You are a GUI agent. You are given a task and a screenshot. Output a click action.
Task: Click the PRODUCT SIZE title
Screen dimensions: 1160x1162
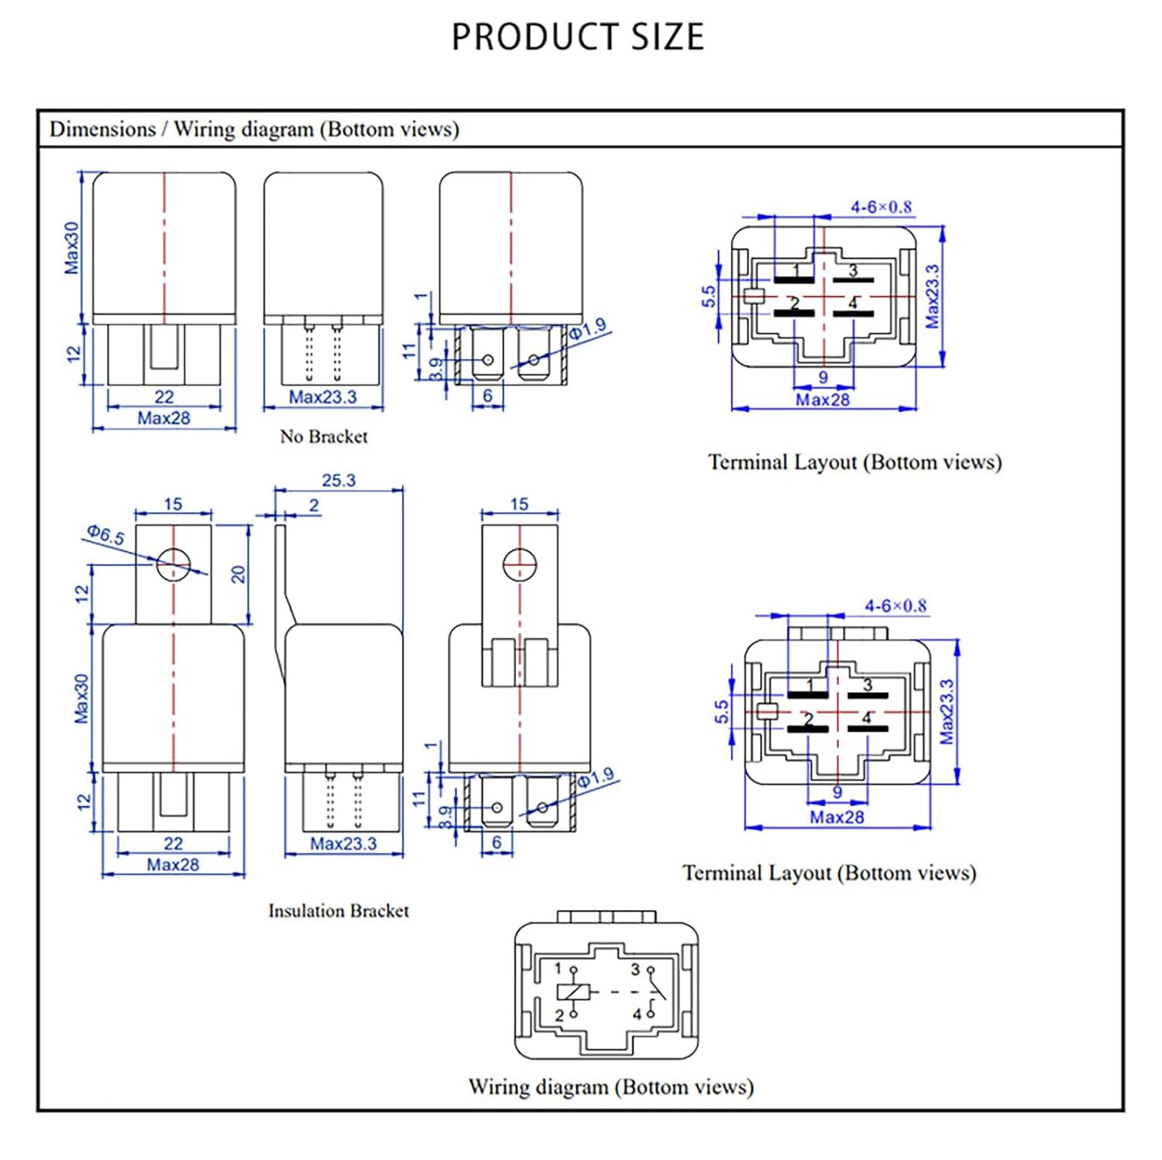click(x=578, y=37)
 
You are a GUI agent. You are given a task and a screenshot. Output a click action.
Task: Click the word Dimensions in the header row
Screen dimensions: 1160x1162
click(x=102, y=129)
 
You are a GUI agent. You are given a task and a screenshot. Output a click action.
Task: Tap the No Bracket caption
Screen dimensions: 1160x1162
click(x=324, y=437)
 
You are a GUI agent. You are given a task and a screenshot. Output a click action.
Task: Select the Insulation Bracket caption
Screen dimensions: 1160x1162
click(x=339, y=911)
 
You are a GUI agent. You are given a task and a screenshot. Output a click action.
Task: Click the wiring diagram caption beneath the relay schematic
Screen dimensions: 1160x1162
click(x=610, y=1087)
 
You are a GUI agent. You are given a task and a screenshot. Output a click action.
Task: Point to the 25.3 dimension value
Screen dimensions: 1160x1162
click(x=339, y=480)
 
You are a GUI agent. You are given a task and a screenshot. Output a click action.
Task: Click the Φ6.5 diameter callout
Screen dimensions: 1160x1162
click(x=105, y=534)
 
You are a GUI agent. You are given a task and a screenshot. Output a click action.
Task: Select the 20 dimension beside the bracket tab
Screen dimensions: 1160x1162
click(x=238, y=574)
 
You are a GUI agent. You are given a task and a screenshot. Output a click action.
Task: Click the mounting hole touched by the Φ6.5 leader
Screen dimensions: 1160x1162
click(x=173, y=563)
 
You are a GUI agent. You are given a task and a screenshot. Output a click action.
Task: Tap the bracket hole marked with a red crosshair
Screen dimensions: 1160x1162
click(x=519, y=565)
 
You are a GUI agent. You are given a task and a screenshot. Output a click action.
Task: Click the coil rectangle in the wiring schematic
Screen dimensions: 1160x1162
click(x=573, y=992)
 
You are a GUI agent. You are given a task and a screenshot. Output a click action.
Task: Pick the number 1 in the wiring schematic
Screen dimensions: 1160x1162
click(x=557, y=968)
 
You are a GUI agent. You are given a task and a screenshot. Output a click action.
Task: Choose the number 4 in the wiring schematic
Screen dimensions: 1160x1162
click(x=637, y=1014)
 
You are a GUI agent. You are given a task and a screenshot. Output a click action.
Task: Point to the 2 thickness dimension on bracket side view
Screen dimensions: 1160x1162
click(x=314, y=505)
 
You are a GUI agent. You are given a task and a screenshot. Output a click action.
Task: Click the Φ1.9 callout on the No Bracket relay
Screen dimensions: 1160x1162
click(x=588, y=330)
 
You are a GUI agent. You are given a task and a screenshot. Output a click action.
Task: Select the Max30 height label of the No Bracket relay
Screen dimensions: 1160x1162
click(x=71, y=248)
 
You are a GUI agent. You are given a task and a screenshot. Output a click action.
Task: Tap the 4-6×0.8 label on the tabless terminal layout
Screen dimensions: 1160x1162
click(x=881, y=207)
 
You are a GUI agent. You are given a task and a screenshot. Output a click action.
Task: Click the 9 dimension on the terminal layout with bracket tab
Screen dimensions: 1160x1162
click(x=837, y=792)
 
